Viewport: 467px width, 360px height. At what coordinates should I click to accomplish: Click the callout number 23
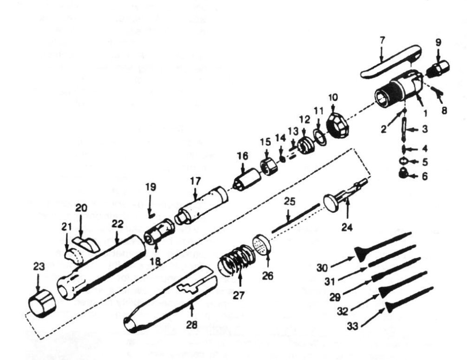pyautogui.click(x=39, y=267)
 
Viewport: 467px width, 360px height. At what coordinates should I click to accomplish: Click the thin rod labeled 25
pyautogui.click(x=295, y=218)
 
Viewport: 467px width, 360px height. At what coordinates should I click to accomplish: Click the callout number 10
pyautogui.click(x=333, y=97)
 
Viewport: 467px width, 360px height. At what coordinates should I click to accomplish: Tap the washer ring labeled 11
pyautogui.click(x=320, y=137)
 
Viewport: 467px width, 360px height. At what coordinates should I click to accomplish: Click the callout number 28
pyautogui.click(x=192, y=324)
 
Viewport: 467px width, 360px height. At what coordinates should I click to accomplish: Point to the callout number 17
pyautogui.click(x=195, y=181)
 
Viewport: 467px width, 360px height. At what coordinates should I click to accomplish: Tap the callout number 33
pyautogui.click(x=353, y=327)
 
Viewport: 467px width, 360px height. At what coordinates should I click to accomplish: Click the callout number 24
pyautogui.click(x=347, y=228)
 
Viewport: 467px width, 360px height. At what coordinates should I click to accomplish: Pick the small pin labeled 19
pyautogui.click(x=151, y=213)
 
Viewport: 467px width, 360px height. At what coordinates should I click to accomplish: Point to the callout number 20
pyautogui.click(x=81, y=208)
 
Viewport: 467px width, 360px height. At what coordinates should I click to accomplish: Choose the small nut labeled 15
pyautogui.click(x=267, y=167)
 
